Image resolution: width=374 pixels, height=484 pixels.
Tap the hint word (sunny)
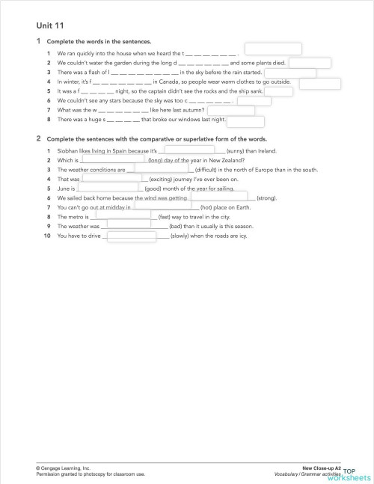(x=230, y=150)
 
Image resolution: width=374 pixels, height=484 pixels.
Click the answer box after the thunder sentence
(x=273, y=49)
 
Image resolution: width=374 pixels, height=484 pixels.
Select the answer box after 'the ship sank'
(x=279, y=91)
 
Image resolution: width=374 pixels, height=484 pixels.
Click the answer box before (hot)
(x=162, y=206)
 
